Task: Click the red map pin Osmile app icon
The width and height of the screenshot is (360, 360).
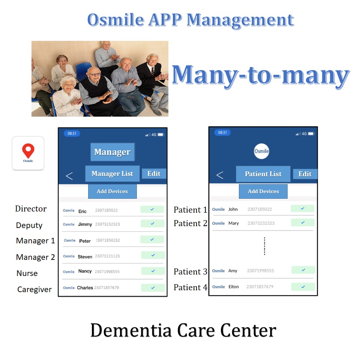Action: (28, 153)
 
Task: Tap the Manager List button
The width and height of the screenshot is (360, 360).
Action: (112, 174)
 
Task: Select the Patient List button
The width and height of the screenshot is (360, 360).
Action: (263, 174)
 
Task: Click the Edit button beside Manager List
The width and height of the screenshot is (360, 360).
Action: (154, 174)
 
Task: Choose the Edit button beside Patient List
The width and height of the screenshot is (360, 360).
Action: (305, 174)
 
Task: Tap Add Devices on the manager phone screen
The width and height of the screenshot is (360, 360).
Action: (112, 191)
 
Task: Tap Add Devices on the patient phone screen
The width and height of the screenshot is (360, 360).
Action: (263, 191)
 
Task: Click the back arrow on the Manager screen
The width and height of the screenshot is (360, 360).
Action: (69, 176)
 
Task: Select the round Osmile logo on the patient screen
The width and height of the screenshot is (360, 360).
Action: (261, 151)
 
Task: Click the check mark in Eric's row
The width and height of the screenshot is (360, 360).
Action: (152, 209)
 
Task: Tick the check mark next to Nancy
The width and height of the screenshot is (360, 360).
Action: (153, 271)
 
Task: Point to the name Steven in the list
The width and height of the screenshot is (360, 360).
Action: (85, 256)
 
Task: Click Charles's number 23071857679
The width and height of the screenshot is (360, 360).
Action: (106, 288)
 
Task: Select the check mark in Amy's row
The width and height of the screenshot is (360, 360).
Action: (303, 270)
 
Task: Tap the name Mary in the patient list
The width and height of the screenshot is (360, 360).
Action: (233, 223)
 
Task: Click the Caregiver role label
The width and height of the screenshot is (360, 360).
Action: (34, 289)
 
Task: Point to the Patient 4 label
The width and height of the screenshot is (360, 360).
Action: (190, 288)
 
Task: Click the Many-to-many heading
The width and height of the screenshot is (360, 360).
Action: (260, 75)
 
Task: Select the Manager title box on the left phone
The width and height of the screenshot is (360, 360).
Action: (112, 152)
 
